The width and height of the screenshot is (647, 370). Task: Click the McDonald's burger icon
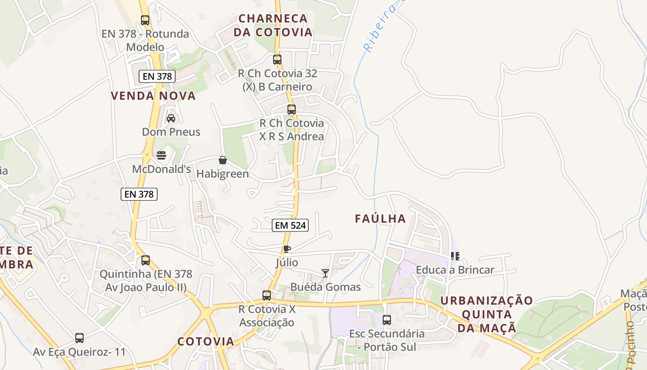(161, 155)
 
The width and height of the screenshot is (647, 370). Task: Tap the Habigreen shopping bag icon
(223, 160)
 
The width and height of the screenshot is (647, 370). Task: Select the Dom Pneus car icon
(171, 118)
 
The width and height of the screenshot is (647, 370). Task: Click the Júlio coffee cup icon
(287, 249)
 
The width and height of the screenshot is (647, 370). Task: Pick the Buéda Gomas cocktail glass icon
(325, 273)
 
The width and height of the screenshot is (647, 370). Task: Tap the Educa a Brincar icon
(455, 256)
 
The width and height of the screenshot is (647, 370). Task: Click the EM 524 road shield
(290, 225)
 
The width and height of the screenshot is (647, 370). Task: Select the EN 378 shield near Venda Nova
(157, 76)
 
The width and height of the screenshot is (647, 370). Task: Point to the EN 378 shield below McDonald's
(139, 194)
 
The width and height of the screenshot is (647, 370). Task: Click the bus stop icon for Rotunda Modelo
(145, 20)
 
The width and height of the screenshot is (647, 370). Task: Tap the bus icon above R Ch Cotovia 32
(277, 60)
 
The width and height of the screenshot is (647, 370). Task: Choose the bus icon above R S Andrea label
(292, 110)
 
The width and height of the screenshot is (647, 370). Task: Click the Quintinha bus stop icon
(146, 260)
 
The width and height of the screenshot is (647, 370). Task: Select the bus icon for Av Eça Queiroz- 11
(79, 338)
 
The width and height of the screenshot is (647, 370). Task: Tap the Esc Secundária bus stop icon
(387, 320)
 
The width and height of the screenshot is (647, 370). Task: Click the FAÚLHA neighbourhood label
(380, 219)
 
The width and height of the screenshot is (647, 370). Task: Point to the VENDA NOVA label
(153, 96)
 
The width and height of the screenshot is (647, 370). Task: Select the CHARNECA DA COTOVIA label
(273, 25)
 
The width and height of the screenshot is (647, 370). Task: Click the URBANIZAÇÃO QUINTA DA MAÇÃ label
(487, 314)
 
